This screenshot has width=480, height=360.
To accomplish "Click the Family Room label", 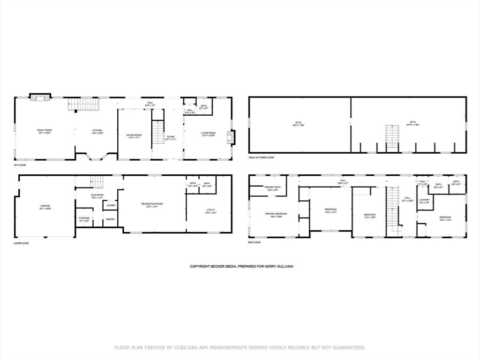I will point(45,131).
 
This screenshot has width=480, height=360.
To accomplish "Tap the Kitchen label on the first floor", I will point(97,131).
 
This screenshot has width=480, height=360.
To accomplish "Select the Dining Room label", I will point(134,136).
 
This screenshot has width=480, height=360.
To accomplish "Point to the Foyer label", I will point(170,138).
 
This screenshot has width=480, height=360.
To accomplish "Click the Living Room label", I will point(208,134).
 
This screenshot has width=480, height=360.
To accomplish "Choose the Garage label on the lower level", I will point(45,207).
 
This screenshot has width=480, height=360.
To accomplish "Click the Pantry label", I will point(111,219).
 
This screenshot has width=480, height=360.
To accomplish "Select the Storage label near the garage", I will point(84,219).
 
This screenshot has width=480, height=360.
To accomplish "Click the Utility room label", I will point(210,210).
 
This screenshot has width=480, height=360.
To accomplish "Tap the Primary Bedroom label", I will point(276,215).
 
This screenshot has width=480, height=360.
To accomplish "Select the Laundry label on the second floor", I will point(425,201).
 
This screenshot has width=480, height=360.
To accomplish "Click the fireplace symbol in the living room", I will point(230,136).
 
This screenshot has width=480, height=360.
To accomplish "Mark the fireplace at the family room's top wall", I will point(39,97).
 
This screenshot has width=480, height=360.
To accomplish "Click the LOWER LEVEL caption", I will point(22,243).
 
